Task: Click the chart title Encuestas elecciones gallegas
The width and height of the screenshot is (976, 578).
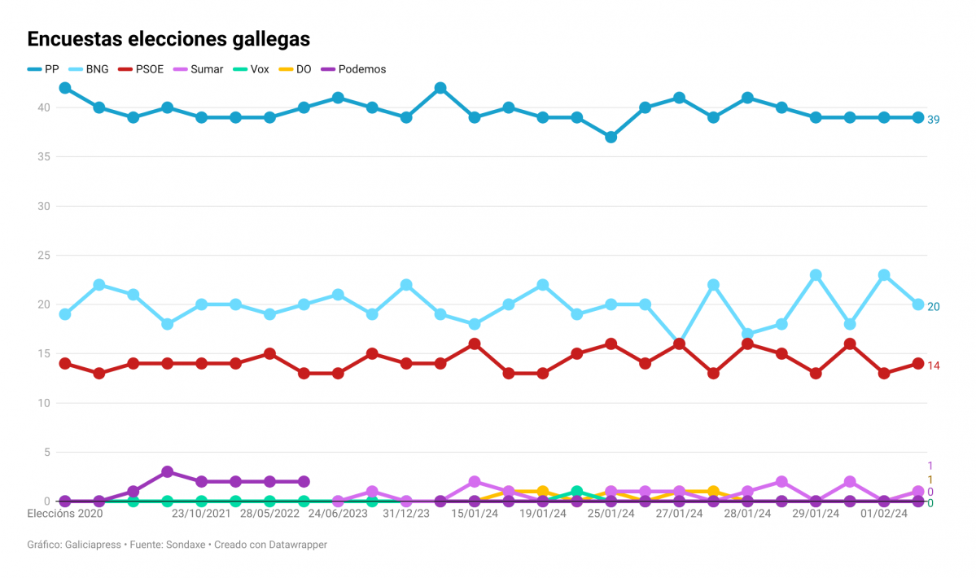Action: point(169,39)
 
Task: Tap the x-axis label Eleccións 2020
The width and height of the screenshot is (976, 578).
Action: point(65,514)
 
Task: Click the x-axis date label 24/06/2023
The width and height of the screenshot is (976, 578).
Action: point(338,514)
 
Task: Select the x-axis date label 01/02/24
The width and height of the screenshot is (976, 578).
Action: point(884,514)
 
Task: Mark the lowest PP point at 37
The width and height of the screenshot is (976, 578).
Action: point(611,137)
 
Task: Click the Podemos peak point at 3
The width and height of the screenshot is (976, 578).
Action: point(167,472)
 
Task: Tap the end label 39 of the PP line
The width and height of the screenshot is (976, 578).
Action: point(933,120)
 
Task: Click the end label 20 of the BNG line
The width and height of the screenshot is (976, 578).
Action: point(933,307)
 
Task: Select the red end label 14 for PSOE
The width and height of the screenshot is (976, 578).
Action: point(933,366)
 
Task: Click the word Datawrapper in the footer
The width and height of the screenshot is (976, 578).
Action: point(298,545)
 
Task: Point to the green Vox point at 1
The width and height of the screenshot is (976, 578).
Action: point(576,492)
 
